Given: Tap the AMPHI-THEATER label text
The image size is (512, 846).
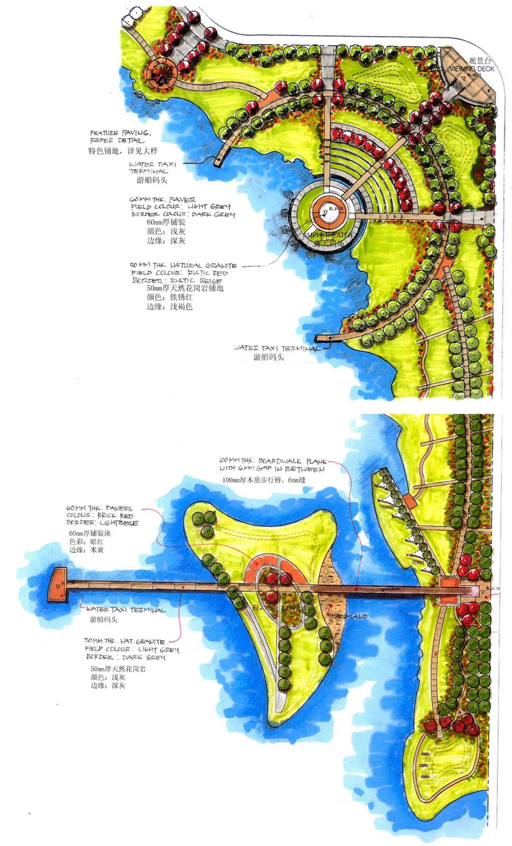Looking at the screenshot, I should pyautogui.click(x=327, y=235).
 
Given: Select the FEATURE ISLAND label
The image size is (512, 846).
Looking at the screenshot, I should pyautogui.click(x=277, y=608).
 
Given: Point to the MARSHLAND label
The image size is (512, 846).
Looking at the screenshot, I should pyautogui.click(x=349, y=616).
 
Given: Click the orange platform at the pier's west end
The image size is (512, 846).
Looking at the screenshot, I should pyautogui.click(x=58, y=584).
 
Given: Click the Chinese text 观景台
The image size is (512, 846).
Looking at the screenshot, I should pyautogui.click(x=480, y=61).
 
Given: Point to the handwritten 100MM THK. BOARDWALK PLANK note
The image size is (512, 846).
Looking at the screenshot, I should pyautogui.click(x=273, y=464).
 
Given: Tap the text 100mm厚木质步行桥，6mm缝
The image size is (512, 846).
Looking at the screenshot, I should pyautogui.click(x=264, y=480).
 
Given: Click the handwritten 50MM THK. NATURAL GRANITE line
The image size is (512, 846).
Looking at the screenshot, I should pyautogui.click(x=183, y=265).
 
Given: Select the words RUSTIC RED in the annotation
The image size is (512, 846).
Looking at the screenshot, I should pyautogui.click(x=207, y=273).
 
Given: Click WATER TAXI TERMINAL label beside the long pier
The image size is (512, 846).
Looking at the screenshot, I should pyautogui.click(x=126, y=610).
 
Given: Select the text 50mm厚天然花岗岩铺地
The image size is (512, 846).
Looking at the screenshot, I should pyautogui.click(x=185, y=288).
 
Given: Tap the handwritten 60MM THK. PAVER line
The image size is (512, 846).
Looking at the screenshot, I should pyautogui.click(x=162, y=200).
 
